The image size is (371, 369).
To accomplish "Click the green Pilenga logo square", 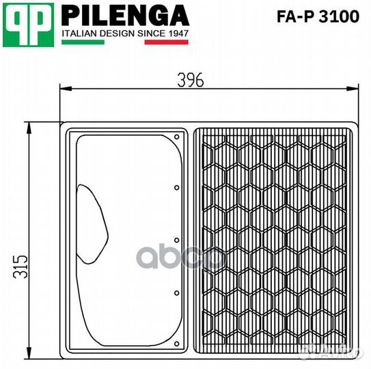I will coord(28,25).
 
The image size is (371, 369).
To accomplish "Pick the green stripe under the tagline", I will coord(83,42).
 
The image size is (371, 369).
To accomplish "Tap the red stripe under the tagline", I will coord(167,42).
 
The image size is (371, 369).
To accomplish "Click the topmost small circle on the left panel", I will coord(177,135).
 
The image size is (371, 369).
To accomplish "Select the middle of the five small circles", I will coord(177,240).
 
